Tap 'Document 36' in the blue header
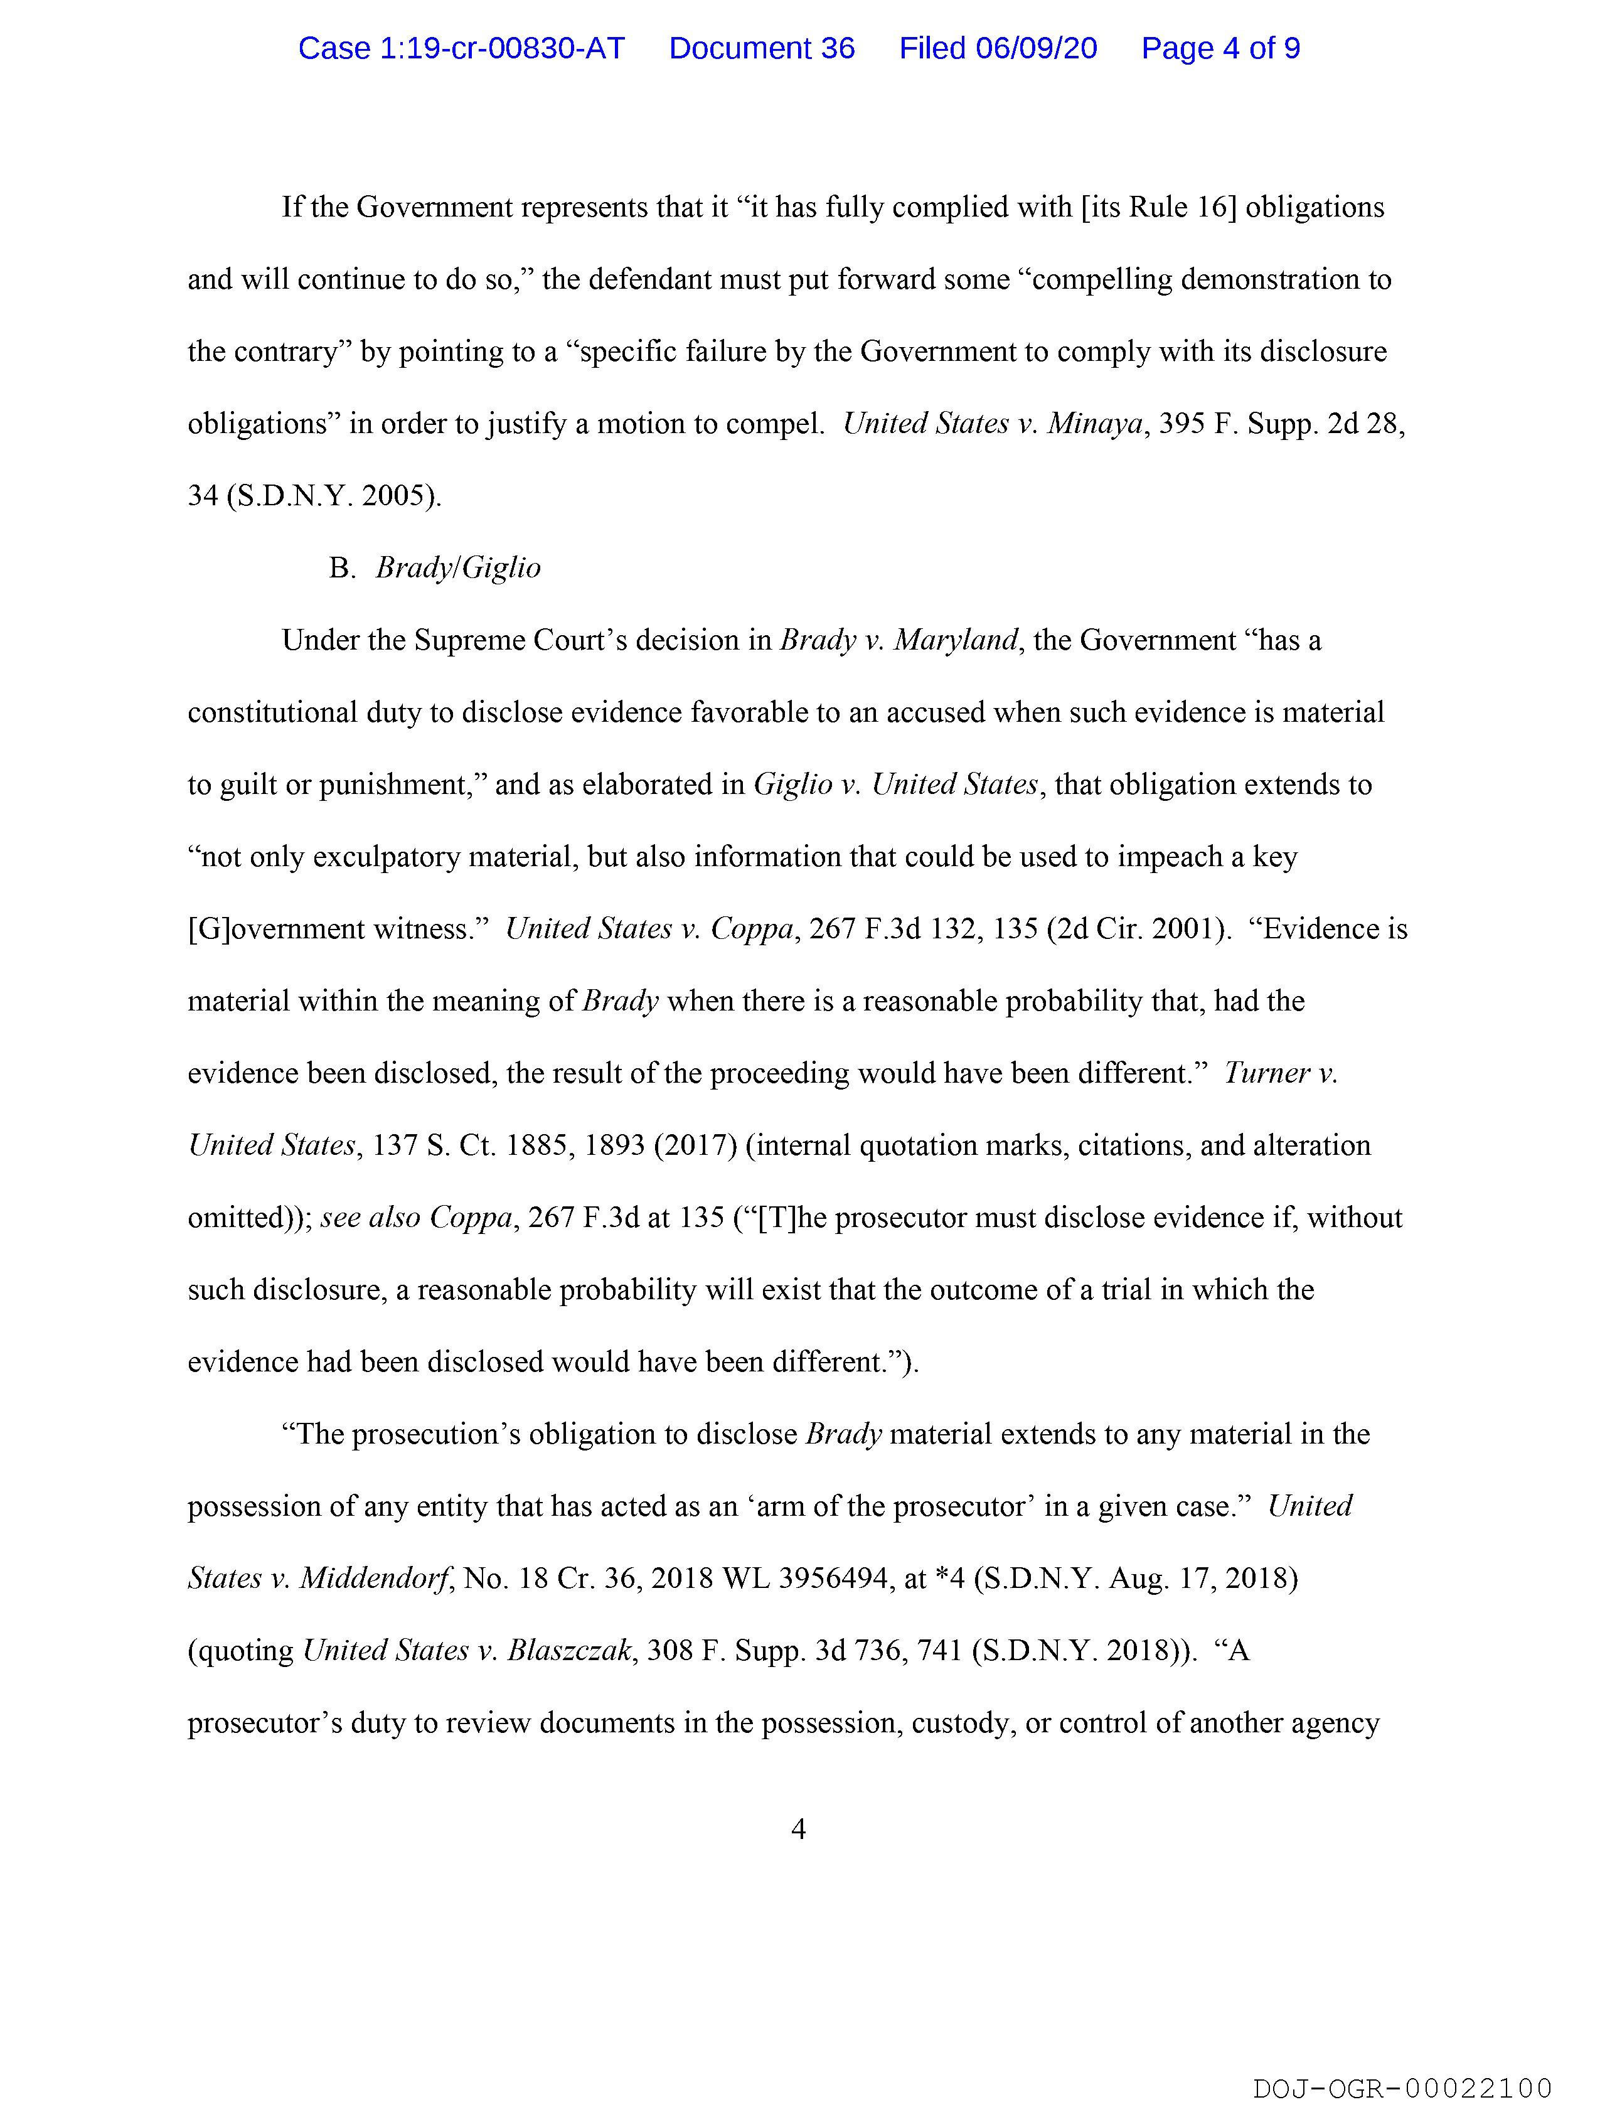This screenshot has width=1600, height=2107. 761,48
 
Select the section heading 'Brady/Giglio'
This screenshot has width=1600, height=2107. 458,568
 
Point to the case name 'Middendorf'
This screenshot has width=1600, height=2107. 375,1579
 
